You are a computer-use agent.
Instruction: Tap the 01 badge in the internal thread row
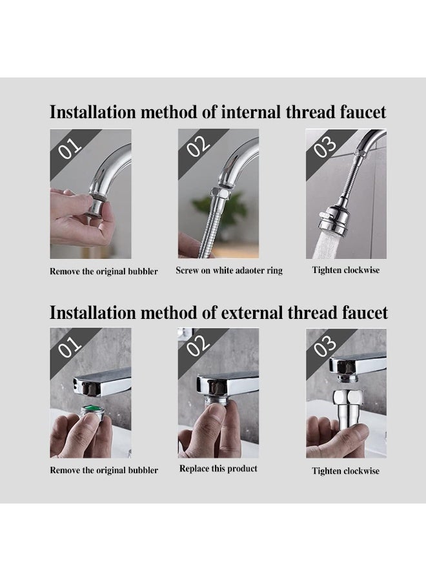(x=70, y=147)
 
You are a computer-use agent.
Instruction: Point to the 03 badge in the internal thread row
(x=325, y=147)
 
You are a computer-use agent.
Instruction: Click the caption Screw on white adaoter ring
(x=229, y=270)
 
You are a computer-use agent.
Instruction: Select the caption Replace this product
(x=218, y=469)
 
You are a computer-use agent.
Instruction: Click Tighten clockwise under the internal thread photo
(x=346, y=270)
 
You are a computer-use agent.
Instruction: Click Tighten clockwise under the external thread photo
(x=346, y=471)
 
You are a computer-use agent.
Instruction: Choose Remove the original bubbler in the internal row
(x=103, y=271)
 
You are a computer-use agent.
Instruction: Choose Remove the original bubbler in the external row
(x=103, y=470)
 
